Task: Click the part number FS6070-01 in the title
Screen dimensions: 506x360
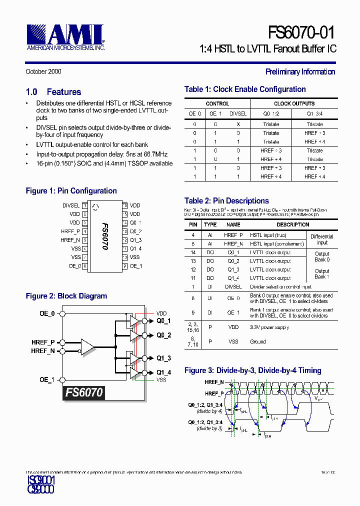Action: [301, 32]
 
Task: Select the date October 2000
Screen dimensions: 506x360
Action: [43, 71]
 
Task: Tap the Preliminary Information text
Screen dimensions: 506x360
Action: [300, 71]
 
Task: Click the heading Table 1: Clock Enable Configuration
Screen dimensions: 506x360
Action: [245, 89]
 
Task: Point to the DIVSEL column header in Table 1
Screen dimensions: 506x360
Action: [238, 113]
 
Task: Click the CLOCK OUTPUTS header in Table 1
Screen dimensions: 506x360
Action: [294, 103]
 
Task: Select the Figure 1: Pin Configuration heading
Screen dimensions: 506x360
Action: [71, 191]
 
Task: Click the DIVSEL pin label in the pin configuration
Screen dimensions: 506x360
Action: [70, 205]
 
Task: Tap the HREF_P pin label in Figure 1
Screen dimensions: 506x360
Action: [70, 231]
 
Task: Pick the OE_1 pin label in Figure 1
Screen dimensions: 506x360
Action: [136, 266]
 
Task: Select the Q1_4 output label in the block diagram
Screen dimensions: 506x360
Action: [163, 372]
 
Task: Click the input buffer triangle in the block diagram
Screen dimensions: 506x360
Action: [87, 346]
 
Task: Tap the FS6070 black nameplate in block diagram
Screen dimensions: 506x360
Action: [84, 392]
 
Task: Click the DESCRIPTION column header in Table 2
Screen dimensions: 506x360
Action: [292, 224]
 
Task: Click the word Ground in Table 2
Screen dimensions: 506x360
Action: [258, 342]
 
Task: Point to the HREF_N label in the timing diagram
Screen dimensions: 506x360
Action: [214, 382]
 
